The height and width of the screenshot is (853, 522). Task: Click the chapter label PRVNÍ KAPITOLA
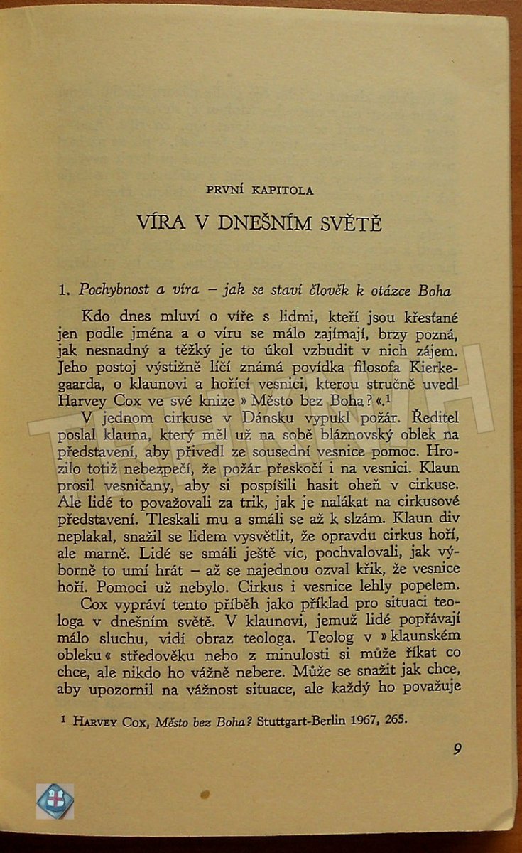point(259,190)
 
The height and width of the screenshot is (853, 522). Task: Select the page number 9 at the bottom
point(457,749)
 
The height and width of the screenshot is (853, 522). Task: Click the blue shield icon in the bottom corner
point(55,800)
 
